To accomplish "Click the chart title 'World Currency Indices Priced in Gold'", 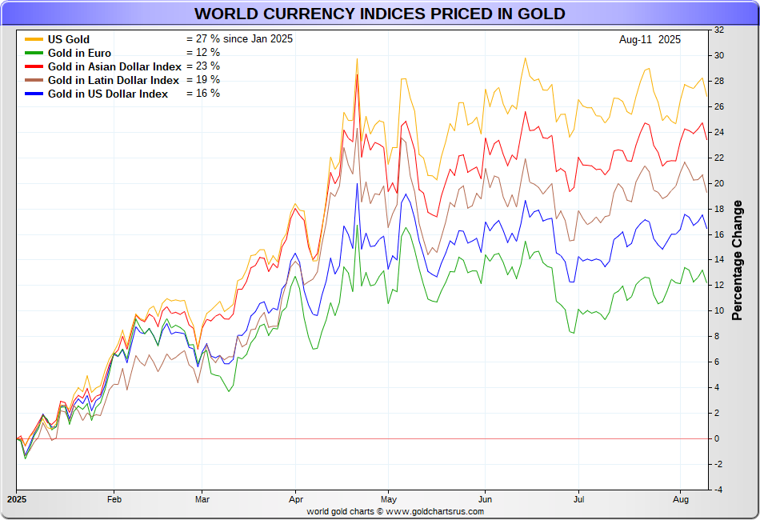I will [379, 14].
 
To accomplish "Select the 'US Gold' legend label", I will [69, 39].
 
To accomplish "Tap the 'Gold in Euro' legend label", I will [79, 53].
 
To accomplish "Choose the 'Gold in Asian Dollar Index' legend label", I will [114, 66].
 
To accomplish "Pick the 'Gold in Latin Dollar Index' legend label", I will [114, 80].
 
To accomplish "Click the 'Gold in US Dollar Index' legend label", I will [108, 94].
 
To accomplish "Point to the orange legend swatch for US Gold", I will [34, 39].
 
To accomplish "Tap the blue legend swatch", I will [34, 94].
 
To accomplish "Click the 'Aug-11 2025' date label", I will [650, 39].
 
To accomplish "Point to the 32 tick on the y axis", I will [718, 30].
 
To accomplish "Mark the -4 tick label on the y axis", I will [718, 490].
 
